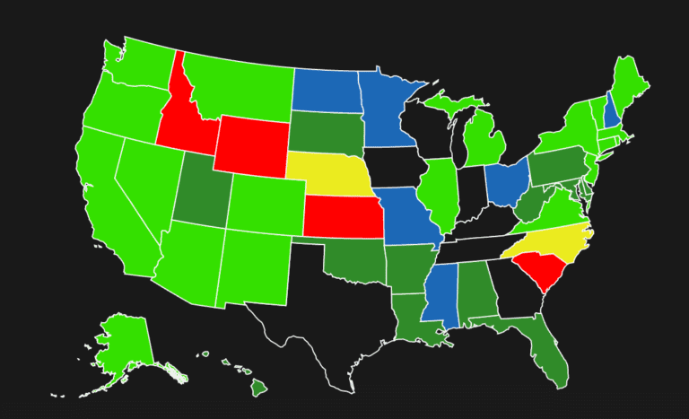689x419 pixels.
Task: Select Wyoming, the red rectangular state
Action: tap(250, 144)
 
